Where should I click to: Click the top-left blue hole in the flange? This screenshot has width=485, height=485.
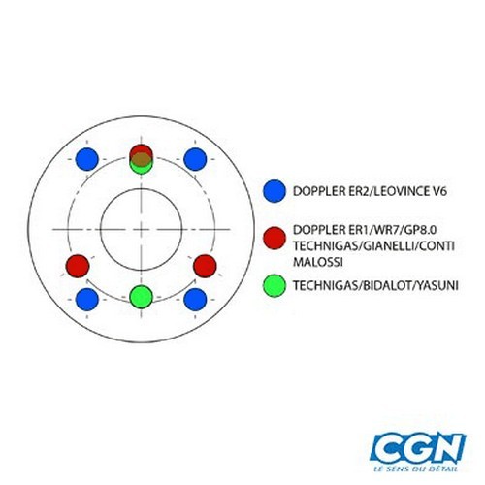click(x=87, y=159)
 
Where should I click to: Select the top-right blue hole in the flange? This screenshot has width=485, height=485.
click(x=195, y=159)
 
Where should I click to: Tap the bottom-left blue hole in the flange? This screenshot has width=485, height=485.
click(x=87, y=300)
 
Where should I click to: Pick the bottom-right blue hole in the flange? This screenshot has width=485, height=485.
click(x=195, y=300)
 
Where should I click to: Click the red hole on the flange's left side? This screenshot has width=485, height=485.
click(x=78, y=266)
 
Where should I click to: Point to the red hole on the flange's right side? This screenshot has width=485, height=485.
click(x=205, y=266)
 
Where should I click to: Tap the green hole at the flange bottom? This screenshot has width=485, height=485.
click(x=141, y=297)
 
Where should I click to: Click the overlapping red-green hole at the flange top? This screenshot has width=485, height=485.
click(x=141, y=159)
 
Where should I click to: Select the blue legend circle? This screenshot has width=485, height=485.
click(x=275, y=191)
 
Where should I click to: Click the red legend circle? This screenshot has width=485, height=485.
click(x=275, y=239)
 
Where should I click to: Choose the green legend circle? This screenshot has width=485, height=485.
click(x=275, y=285)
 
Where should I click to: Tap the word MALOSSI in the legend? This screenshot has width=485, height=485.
click(x=318, y=262)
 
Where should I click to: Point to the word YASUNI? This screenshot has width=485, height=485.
click(x=437, y=285)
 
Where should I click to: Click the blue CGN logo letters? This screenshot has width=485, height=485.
click(x=418, y=449)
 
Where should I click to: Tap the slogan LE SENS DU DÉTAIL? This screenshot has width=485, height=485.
click(x=415, y=469)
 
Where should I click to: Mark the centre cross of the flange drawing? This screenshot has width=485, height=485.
click(x=141, y=230)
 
